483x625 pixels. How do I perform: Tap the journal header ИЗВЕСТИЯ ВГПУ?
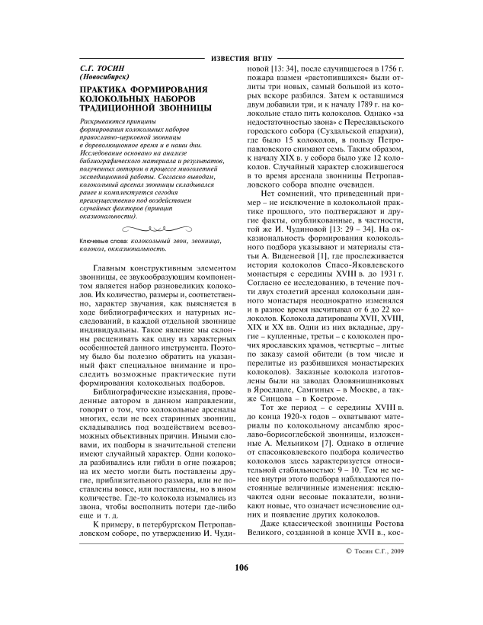pyautogui.click(x=241, y=59)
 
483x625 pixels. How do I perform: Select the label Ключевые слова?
pyautogui.click(x=104, y=241)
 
